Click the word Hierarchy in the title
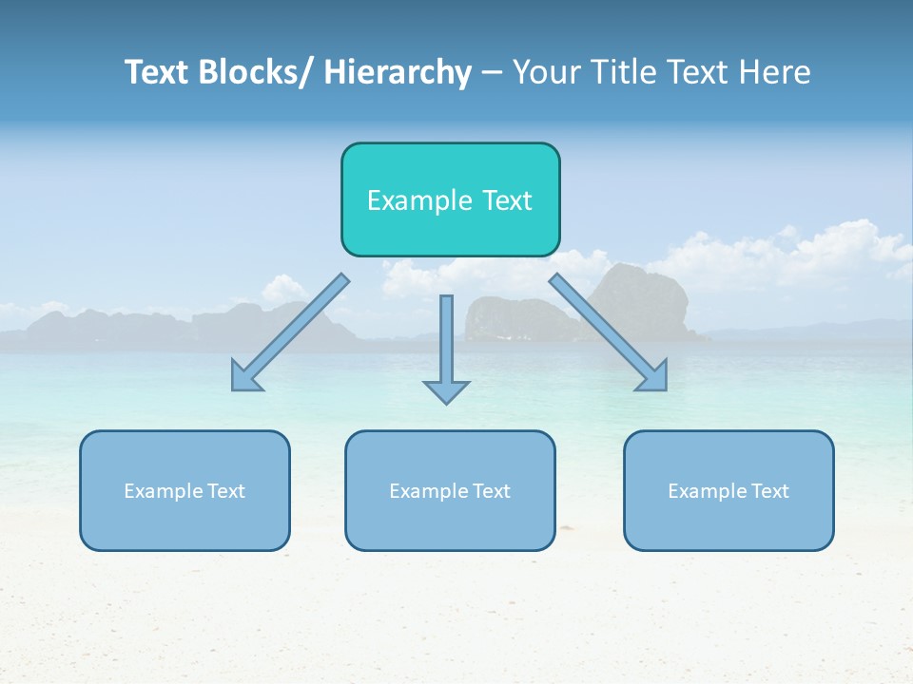tap(398, 72)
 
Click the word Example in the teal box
tap(419, 200)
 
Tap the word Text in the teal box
tap(506, 200)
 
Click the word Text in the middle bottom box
tap(488, 491)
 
